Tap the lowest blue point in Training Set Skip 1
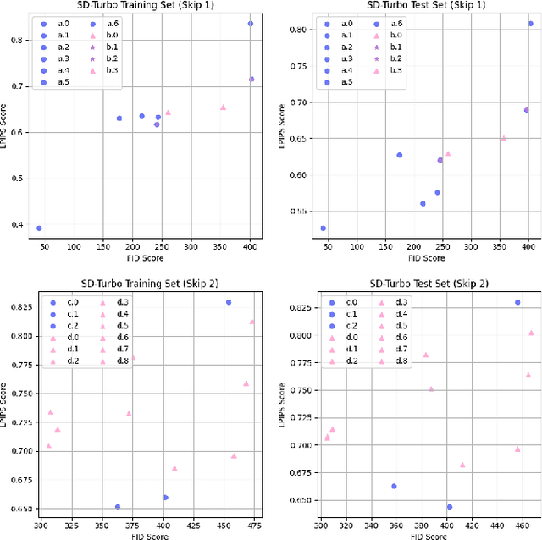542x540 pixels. coord(39,229)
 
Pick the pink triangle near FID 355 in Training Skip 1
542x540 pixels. coord(223,107)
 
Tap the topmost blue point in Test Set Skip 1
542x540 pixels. coord(531,24)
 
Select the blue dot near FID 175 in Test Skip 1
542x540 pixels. coord(399,155)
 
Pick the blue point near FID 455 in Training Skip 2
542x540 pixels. coord(228,302)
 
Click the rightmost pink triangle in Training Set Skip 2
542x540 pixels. coord(252,322)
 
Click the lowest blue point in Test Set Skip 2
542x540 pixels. coord(449,507)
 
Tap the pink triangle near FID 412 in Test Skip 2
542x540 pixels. coord(462,465)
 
